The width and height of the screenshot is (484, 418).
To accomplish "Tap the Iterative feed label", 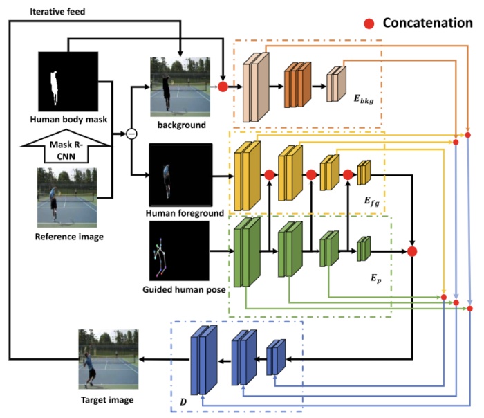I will pos(39,12).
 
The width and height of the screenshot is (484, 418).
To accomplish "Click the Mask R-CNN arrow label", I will pos(66,147).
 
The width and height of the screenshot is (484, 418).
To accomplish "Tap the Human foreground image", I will pos(179,172).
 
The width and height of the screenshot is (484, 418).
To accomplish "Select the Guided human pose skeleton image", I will pos(179,252).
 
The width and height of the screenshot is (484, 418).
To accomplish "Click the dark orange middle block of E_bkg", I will pos(296,84).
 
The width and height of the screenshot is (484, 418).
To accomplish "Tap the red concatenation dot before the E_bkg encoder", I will pos(223,87).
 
